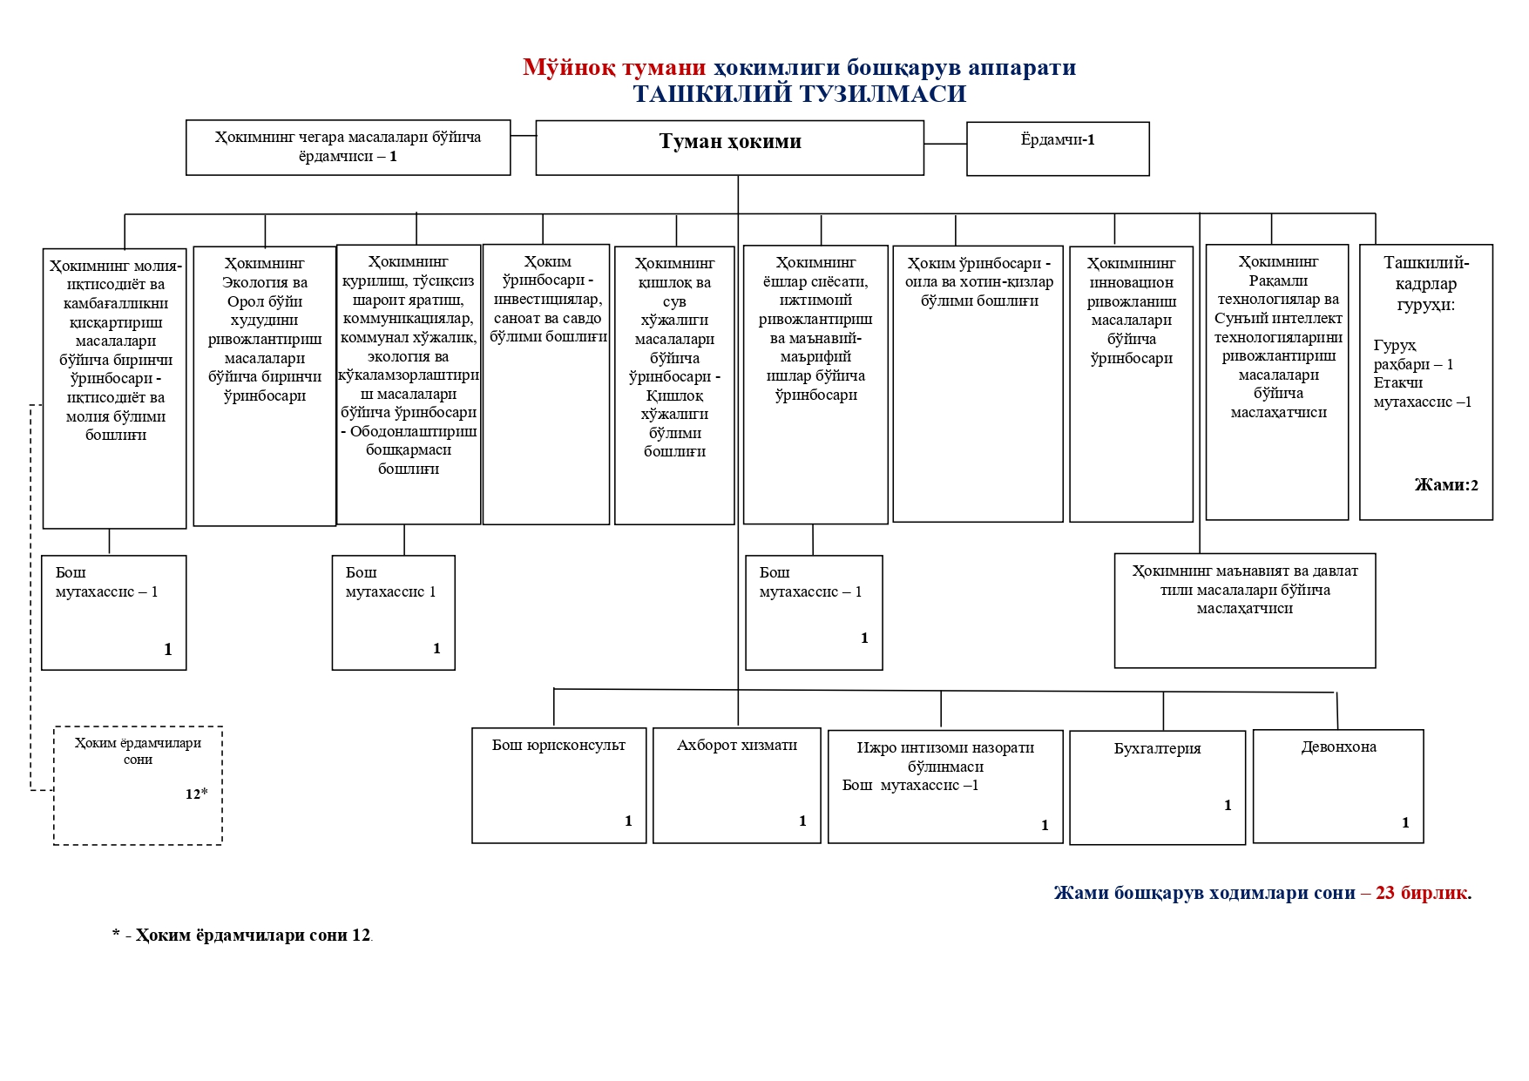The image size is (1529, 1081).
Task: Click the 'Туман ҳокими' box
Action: click(729, 142)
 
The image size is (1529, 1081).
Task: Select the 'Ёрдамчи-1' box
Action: click(1057, 140)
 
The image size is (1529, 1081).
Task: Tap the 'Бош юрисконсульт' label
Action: click(558, 746)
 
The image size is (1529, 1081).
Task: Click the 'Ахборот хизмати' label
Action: click(737, 746)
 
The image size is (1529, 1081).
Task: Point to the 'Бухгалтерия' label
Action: click(1157, 748)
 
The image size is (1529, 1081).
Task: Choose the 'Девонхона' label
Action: click(1338, 747)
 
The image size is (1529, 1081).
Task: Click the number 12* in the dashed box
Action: click(196, 794)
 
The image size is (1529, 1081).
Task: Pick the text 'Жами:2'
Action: click(1446, 485)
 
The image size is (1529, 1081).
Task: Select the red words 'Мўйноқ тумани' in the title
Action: click(614, 68)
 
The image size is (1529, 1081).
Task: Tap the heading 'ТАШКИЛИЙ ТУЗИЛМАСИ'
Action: click(799, 94)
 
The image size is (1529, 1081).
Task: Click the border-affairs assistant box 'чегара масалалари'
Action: click(348, 146)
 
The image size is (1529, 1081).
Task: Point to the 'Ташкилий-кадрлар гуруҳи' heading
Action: click(1426, 283)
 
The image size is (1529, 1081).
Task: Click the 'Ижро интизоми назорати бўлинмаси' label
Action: click(945, 757)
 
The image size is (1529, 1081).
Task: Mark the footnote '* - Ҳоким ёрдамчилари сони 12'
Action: click(241, 936)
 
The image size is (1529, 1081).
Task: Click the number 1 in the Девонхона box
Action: click(1404, 822)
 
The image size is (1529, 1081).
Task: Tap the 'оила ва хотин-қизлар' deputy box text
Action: click(978, 282)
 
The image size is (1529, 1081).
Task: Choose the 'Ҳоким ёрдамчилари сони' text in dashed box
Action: click(138, 751)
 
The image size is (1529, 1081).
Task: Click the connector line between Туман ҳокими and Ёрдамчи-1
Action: click(945, 144)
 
